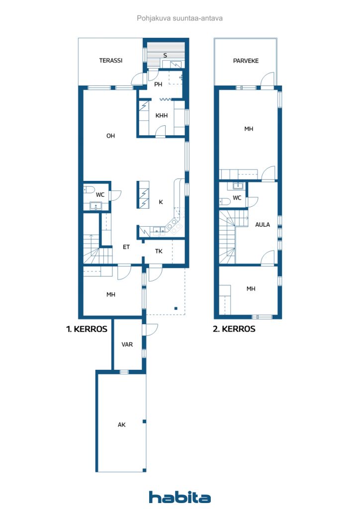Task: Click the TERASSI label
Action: (x=111, y=60)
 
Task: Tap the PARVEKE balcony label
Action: (x=246, y=61)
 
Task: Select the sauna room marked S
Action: (x=165, y=56)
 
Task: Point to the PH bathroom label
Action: (x=158, y=85)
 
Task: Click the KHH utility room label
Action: (x=161, y=115)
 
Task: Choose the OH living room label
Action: (x=111, y=136)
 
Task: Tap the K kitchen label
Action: (x=161, y=202)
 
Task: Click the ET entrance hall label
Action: (x=126, y=247)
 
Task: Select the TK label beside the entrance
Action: (x=159, y=251)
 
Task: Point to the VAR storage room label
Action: (x=127, y=344)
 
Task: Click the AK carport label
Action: (x=121, y=424)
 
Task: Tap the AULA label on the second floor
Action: (x=262, y=225)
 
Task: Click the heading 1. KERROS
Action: (x=87, y=329)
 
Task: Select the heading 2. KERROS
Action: (x=234, y=329)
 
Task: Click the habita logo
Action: (x=180, y=497)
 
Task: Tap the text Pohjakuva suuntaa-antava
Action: (x=180, y=18)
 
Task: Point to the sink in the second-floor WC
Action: (x=238, y=186)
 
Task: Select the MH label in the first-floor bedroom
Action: (x=111, y=295)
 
